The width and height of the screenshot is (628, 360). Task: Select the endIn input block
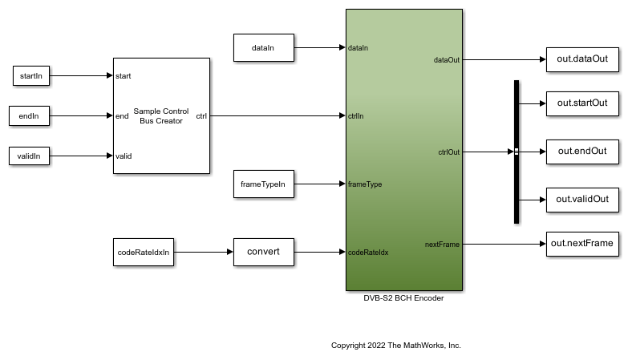[x=30, y=116]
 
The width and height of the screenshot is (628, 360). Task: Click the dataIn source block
[x=263, y=48]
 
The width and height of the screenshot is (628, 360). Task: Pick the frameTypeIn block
[x=263, y=184]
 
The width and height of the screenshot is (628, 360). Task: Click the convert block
[x=263, y=253]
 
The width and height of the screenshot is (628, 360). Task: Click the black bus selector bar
[x=517, y=152]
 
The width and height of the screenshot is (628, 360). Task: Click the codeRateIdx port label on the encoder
[x=368, y=253]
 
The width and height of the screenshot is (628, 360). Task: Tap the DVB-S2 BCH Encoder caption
[x=403, y=298]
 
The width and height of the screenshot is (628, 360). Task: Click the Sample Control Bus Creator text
[x=158, y=116]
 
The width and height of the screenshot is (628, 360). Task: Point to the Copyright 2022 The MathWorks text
[x=396, y=346]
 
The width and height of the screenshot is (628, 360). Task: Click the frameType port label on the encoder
[x=365, y=184]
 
